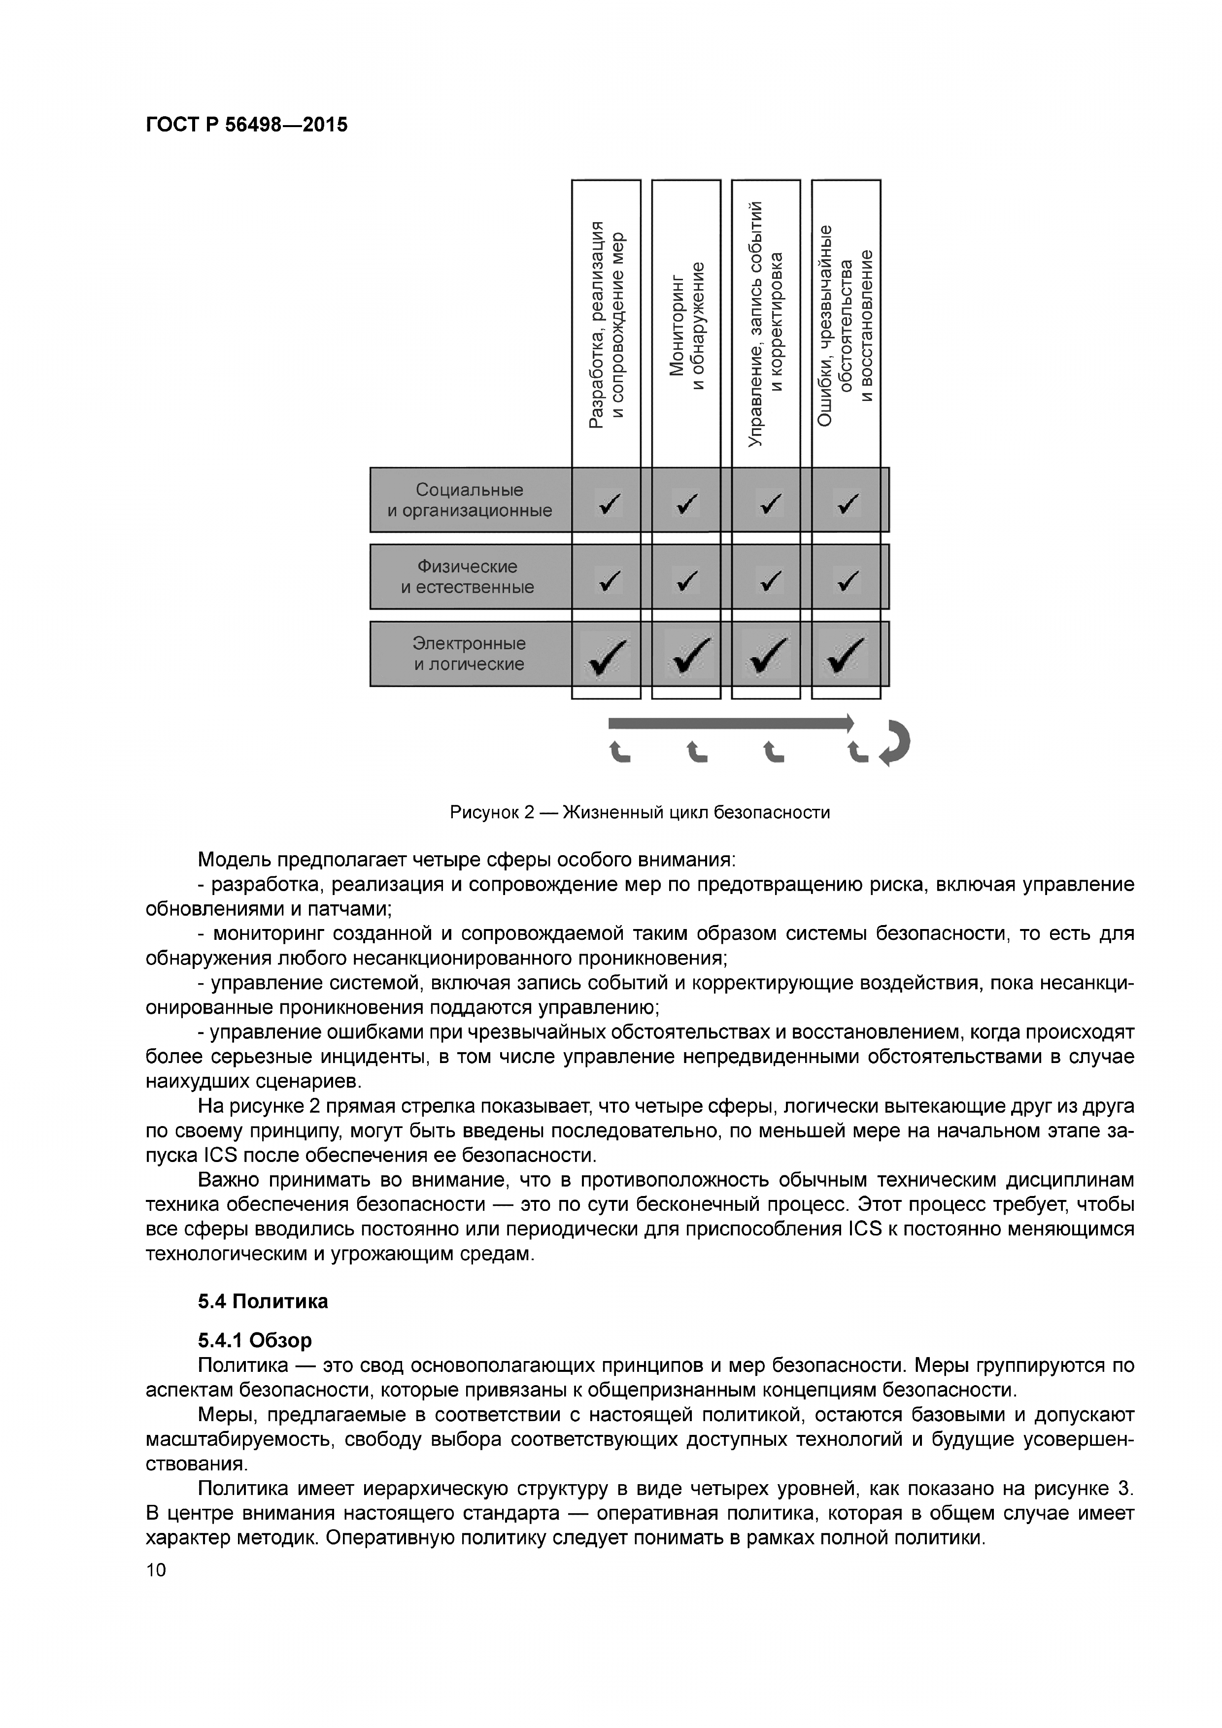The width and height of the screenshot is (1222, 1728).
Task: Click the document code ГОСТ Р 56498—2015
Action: [x=246, y=125]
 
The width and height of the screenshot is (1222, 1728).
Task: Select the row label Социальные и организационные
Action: [x=470, y=500]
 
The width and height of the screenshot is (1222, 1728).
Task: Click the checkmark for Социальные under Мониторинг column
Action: [x=687, y=502]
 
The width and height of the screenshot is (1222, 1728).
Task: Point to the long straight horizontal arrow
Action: [x=730, y=723]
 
